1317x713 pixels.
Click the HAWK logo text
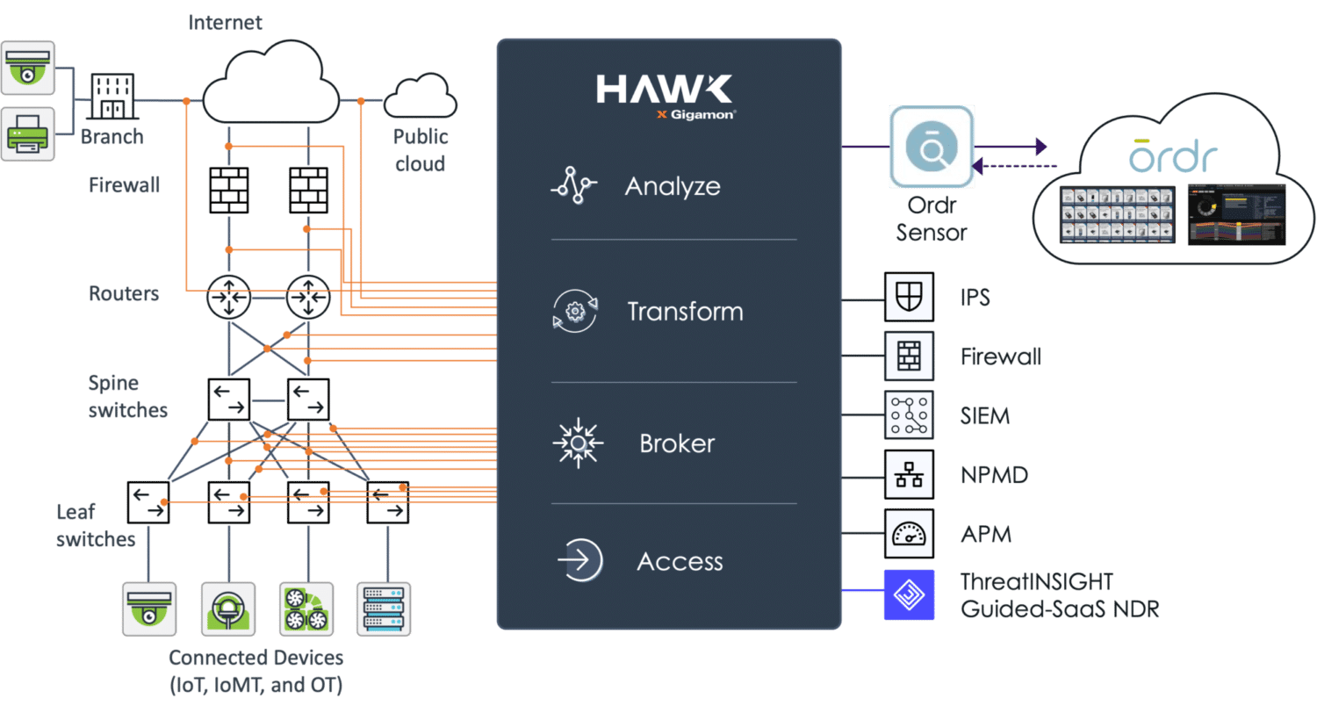point(664,90)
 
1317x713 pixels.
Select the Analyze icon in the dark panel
point(573,186)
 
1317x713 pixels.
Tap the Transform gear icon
point(574,312)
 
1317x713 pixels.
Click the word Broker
point(676,443)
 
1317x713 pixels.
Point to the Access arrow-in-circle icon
point(579,561)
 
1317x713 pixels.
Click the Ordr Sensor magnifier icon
point(931,148)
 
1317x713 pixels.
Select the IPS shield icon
point(909,298)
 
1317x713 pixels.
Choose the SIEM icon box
point(909,415)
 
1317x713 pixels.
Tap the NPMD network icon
point(909,475)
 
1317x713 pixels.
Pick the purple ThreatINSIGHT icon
point(909,594)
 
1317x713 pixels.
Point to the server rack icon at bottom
point(384,607)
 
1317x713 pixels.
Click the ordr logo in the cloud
point(1174,156)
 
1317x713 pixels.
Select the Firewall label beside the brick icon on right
point(1001,357)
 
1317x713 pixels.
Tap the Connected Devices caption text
point(255,670)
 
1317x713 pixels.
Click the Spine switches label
point(126,396)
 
